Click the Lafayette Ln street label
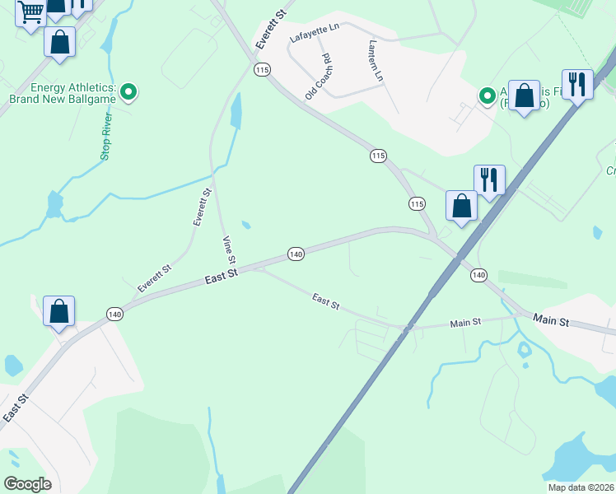(x=315, y=33)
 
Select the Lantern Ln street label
(x=376, y=61)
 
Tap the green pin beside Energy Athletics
(x=128, y=93)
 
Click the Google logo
(x=28, y=483)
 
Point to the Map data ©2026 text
(x=581, y=487)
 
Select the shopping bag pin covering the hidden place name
(x=524, y=96)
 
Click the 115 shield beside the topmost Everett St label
(x=262, y=70)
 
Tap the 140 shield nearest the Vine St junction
(x=296, y=254)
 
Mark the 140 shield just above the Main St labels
(x=478, y=274)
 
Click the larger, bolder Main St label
(x=551, y=319)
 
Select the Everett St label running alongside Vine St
(x=202, y=207)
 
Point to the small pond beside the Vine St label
(x=246, y=224)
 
